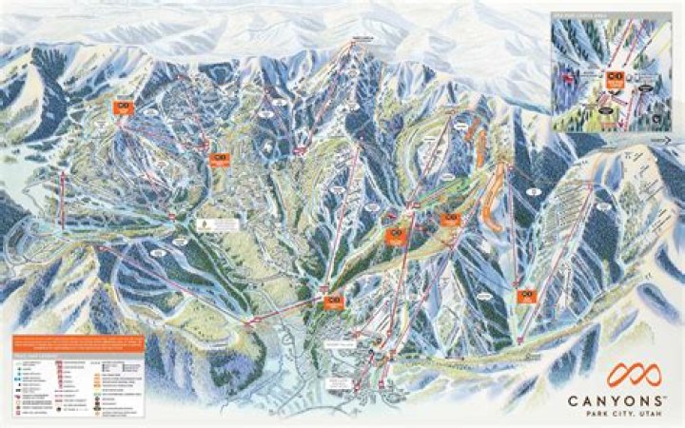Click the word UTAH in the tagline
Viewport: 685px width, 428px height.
coord(649,415)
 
